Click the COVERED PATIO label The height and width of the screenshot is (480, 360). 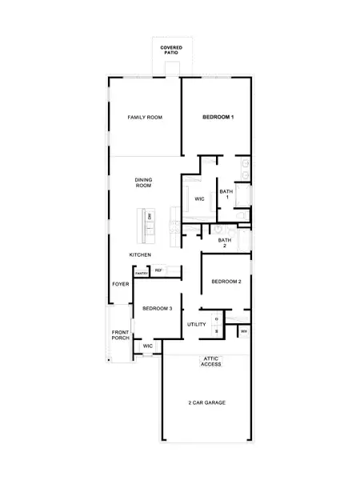pyautogui.click(x=170, y=50)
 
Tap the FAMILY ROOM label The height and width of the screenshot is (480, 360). pyautogui.click(x=145, y=118)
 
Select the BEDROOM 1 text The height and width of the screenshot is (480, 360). pyautogui.click(x=218, y=118)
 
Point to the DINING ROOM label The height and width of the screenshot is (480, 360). pyautogui.click(x=143, y=182)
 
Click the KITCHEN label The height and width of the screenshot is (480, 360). pyautogui.click(x=141, y=254)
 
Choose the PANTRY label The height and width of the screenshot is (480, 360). pyautogui.click(x=142, y=274)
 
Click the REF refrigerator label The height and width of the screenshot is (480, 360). pyautogui.click(x=158, y=271)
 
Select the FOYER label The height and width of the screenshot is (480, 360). pyautogui.click(x=121, y=284)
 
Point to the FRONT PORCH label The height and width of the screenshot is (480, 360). pyautogui.click(x=121, y=335)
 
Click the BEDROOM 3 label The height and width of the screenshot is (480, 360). pyautogui.click(x=158, y=308)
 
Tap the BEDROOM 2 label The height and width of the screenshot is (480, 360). pyautogui.click(x=226, y=282)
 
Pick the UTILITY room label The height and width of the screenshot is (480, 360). pyautogui.click(x=196, y=324)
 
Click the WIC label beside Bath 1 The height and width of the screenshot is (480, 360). pyautogui.click(x=199, y=199)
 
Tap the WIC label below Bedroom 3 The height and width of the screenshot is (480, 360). pyautogui.click(x=147, y=346)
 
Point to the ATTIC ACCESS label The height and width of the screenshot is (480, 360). pyautogui.click(x=210, y=362)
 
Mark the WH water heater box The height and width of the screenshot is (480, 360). pyautogui.click(x=243, y=330)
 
